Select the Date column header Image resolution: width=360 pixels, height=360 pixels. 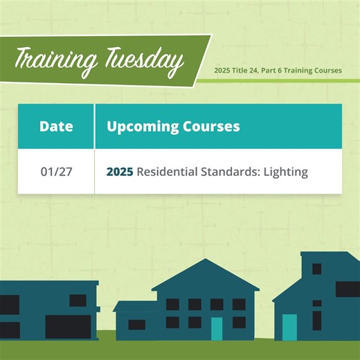tap(56, 127)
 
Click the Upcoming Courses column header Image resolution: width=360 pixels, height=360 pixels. tap(173, 127)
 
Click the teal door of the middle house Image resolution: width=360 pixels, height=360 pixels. tap(217, 329)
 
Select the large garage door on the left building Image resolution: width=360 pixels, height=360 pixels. tap(68, 326)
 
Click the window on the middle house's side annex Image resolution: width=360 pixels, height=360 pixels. tap(137, 325)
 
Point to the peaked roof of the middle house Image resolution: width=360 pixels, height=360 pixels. tap(205, 276)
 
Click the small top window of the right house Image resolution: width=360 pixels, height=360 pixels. tap(316, 268)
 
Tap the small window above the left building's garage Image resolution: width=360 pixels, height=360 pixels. tap(78, 300)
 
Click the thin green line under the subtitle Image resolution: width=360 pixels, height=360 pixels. tap(277, 80)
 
